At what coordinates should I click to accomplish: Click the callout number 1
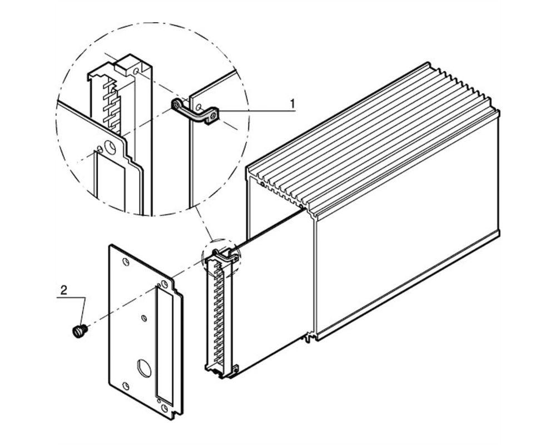[x=292, y=103]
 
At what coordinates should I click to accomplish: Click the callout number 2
[x=64, y=290]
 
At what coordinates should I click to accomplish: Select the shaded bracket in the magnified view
[x=195, y=111]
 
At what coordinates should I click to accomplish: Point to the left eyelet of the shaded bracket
[x=177, y=104]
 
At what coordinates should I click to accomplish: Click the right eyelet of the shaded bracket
[x=213, y=117]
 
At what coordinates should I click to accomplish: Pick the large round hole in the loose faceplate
[x=143, y=368]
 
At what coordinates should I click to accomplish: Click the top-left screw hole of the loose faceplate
[x=125, y=262]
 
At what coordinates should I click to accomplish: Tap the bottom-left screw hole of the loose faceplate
[x=125, y=385]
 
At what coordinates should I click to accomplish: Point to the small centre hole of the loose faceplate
[x=144, y=318]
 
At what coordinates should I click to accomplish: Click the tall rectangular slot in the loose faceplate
[x=163, y=344]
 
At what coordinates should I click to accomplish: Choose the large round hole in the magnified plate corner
[x=110, y=148]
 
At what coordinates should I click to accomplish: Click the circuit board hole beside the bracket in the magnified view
[x=199, y=106]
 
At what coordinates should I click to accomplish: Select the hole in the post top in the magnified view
[x=136, y=71]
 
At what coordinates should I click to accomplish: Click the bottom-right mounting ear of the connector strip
[x=235, y=369]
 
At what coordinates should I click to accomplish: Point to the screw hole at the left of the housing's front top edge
[x=261, y=184]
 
